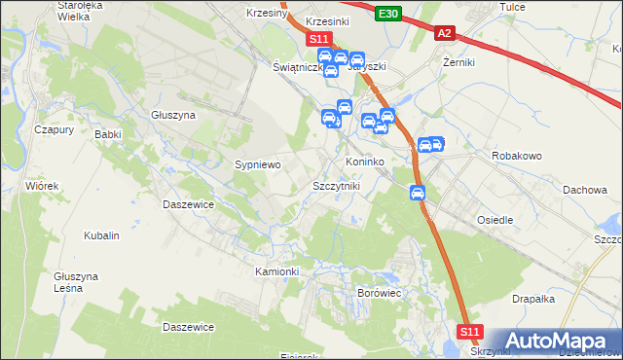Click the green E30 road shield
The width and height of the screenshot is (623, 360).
pos(387,12)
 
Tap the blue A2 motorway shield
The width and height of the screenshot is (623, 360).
pos(444,33)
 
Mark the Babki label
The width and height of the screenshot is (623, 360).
pos(107,135)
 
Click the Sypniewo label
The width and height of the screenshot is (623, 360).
pos(258,164)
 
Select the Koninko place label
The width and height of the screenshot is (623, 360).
pos(365,162)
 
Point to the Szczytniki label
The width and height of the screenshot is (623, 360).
pos(336,185)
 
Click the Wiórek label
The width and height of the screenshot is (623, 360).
pos(43,185)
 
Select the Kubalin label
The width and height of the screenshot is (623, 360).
pos(101,235)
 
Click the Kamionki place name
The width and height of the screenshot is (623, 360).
pos(277,270)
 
